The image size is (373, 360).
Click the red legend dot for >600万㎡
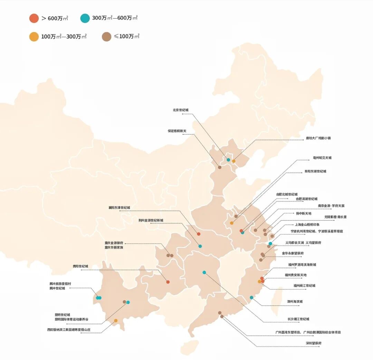pyautogui.click(x=34, y=18)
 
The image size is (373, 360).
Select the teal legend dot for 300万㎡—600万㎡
pyautogui.click(x=85, y=18)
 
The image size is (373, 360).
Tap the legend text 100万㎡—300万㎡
pyautogui.click(x=64, y=37)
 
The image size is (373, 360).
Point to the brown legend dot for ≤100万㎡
pyautogui.click(x=106, y=37)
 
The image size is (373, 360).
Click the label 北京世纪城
pyautogui.click(x=181, y=110)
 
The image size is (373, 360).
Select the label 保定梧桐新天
pyautogui.click(x=177, y=131)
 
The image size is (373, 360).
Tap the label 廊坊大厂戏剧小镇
pyautogui.click(x=318, y=138)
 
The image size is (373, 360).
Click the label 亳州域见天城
pyautogui.click(x=322, y=158)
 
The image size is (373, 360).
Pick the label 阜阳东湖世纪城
pyautogui.click(x=315, y=171)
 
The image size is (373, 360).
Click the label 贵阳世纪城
pyautogui.click(x=80, y=266)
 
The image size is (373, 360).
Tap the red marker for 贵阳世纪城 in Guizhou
pyautogui.click(x=168, y=282)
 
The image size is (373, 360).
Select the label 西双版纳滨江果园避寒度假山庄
pyautogui.click(x=69, y=330)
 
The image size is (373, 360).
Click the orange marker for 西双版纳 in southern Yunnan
pyautogui.click(x=116, y=321)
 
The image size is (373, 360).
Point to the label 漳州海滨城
pyautogui.click(x=295, y=301)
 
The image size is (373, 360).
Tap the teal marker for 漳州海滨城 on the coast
pyautogui.click(x=251, y=298)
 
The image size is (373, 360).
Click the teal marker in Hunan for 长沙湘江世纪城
pyautogui.click(x=204, y=272)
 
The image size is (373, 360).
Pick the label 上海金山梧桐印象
pyautogui.click(x=305, y=224)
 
